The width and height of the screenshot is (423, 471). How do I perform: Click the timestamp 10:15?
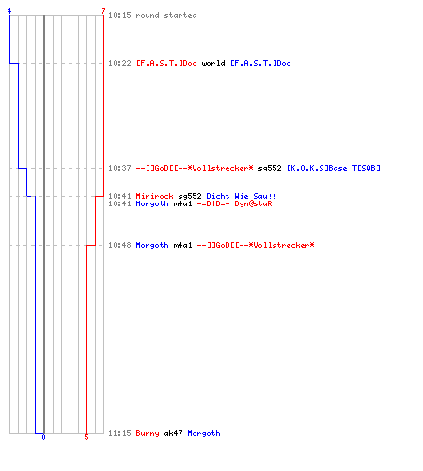coord(119,15)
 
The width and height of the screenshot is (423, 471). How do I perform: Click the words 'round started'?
coord(166,15)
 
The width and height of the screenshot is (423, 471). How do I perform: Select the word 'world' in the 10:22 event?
coord(213,63)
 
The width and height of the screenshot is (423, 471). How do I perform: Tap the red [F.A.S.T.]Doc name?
coord(166,63)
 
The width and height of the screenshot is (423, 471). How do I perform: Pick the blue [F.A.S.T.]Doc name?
coord(260,63)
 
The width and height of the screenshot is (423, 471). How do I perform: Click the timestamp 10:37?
coord(119,168)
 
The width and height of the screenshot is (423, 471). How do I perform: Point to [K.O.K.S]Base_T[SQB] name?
coord(334,168)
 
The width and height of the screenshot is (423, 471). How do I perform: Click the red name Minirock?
coord(154,196)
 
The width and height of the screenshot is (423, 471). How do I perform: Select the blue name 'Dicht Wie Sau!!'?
coord(242,196)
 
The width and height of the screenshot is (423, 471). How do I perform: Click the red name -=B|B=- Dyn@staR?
coord(234,203)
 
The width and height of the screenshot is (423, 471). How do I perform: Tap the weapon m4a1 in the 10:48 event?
coord(182,245)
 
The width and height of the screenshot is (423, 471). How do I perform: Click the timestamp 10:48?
coord(119,245)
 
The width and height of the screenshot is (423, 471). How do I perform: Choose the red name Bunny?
coord(148,433)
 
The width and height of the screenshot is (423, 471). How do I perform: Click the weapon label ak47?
coord(173,433)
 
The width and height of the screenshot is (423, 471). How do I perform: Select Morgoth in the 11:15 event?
coord(204,433)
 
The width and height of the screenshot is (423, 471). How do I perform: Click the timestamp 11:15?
coord(119,433)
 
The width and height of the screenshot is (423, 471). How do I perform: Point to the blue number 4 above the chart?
coord(9,11)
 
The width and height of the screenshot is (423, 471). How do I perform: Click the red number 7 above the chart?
coord(103,11)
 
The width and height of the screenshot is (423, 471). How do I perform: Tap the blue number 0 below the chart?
coord(43,437)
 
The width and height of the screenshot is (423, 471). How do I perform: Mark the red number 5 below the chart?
coord(86,437)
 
